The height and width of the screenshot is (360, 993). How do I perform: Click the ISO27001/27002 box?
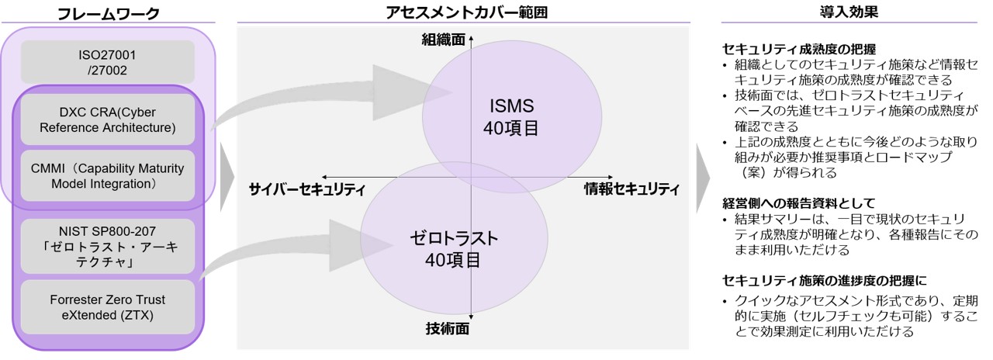tap(108, 61)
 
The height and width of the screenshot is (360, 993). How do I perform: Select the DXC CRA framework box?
tap(108, 119)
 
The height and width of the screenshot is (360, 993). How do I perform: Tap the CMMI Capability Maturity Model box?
tap(108, 175)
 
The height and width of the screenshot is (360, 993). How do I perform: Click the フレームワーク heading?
tap(108, 13)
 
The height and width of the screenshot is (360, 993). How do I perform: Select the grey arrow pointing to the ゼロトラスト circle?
tap(295, 248)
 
